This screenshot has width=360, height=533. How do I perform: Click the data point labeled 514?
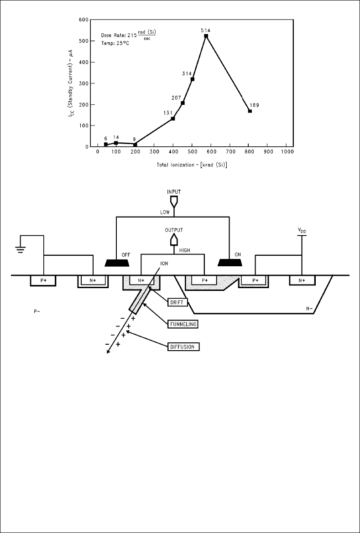206,36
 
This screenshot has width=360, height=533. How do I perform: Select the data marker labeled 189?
250,111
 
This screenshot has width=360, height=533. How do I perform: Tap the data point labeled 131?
173,119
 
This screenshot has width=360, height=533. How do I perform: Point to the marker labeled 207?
183,103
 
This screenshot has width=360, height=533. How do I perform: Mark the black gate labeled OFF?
117,263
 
